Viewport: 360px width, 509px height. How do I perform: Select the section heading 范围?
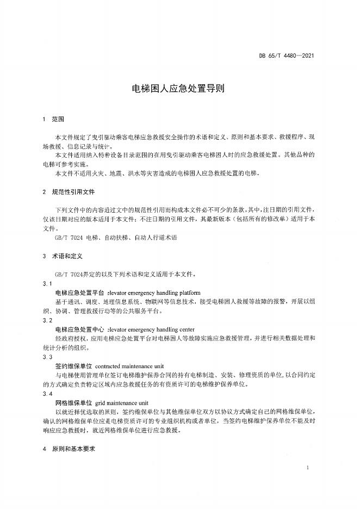click(58, 118)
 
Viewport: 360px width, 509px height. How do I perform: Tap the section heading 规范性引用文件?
click(73, 192)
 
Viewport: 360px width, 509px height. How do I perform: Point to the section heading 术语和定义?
click(67, 256)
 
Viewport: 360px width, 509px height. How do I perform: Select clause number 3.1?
click(47, 284)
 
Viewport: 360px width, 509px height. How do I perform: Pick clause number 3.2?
click(47, 321)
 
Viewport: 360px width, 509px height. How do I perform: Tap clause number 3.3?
click(47, 357)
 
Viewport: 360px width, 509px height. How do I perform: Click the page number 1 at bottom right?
click(308, 468)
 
